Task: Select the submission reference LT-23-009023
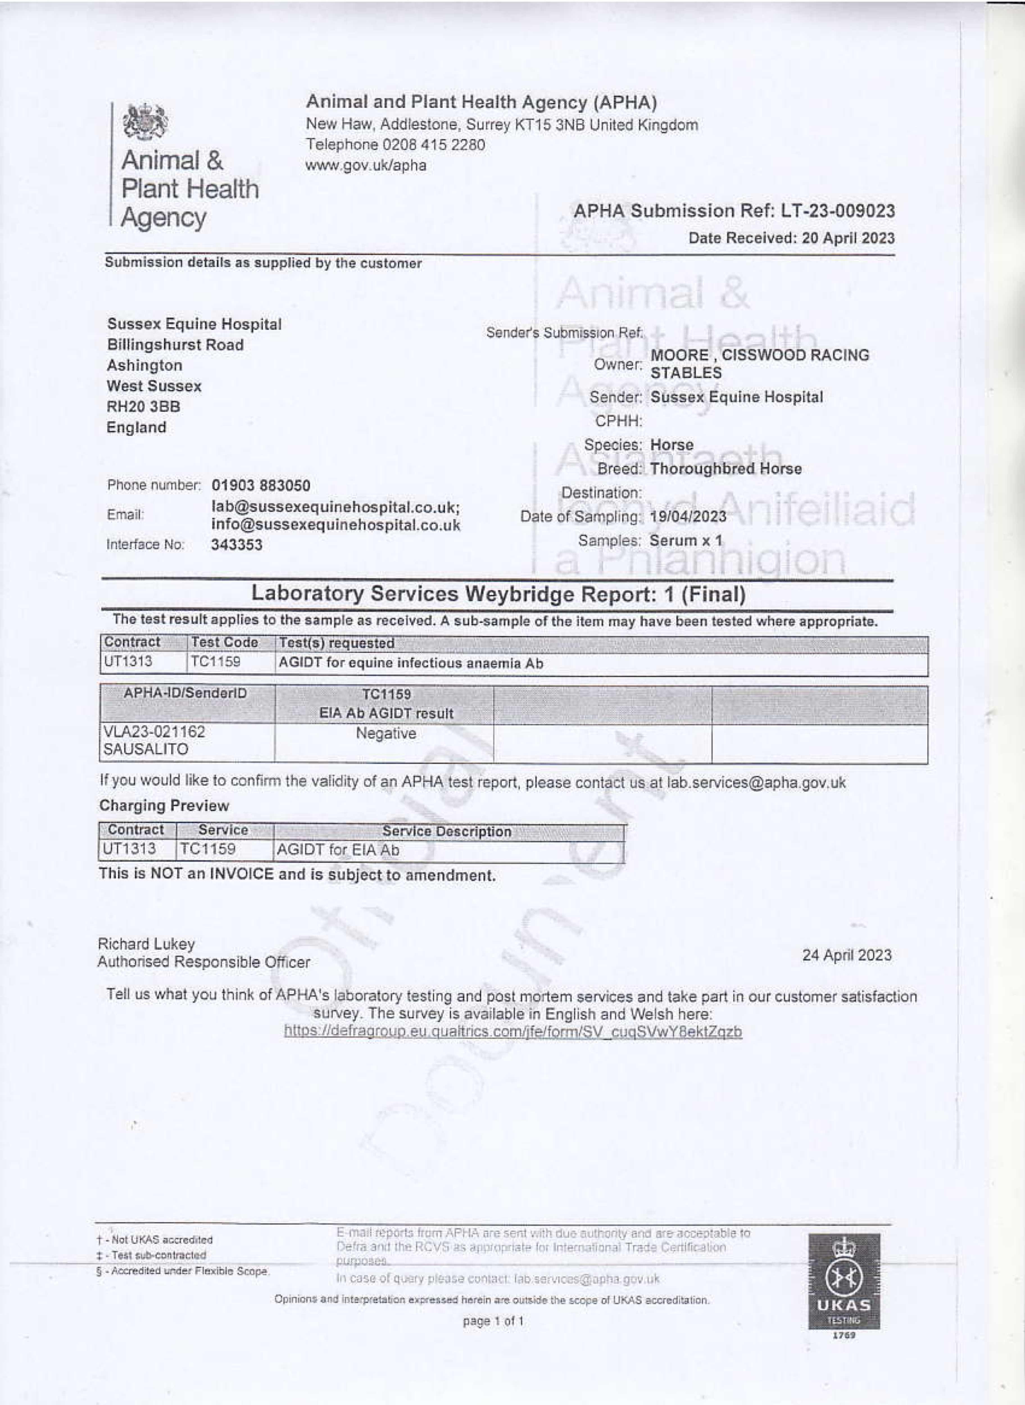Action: (838, 211)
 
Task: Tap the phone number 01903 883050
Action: (260, 485)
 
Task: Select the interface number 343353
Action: (236, 545)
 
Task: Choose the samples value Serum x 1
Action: (686, 541)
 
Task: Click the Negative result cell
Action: (385, 733)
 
